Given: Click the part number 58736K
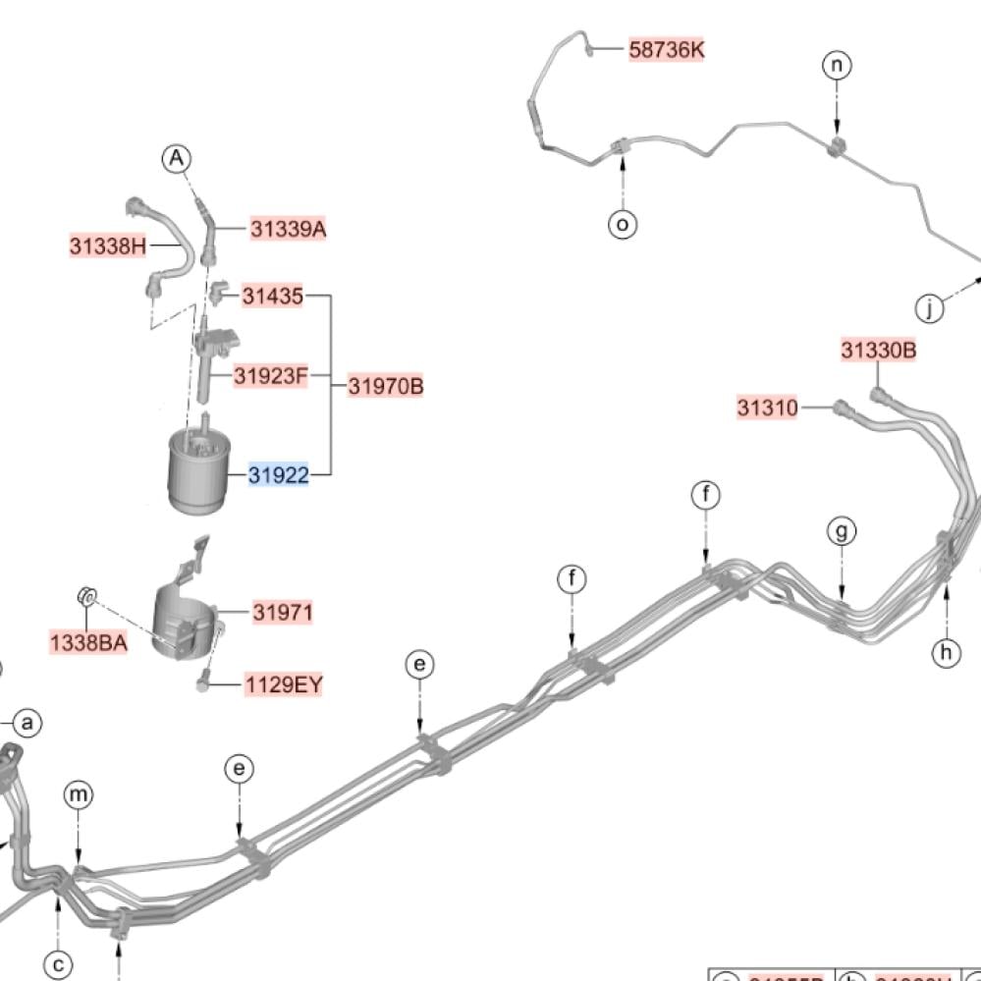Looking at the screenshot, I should [x=667, y=49].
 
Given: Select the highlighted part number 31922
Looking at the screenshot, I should [x=279, y=476].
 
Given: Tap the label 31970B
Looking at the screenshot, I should [x=386, y=386].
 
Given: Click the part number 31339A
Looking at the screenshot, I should [x=288, y=230].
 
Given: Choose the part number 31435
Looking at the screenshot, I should [x=273, y=296].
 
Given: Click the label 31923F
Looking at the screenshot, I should [x=271, y=375].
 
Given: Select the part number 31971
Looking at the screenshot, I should [x=283, y=613].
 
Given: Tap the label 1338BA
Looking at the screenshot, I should [x=88, y=643].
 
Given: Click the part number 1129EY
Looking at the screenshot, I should [x=284, y=684].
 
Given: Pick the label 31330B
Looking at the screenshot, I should [x=878, y=351].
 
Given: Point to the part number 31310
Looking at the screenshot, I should [x=768, y=407].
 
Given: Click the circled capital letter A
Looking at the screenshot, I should [x=176, y=158].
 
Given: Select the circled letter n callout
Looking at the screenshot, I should [x=837, y=66].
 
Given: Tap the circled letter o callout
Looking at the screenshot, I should [x=623, y=225].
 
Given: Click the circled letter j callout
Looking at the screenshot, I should [x=929, y=309].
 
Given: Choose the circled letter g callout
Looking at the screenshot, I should [x=842, y=532].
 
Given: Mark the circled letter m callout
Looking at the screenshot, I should [x=79, y=794].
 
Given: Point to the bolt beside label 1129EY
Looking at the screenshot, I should [x=202, y=680].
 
